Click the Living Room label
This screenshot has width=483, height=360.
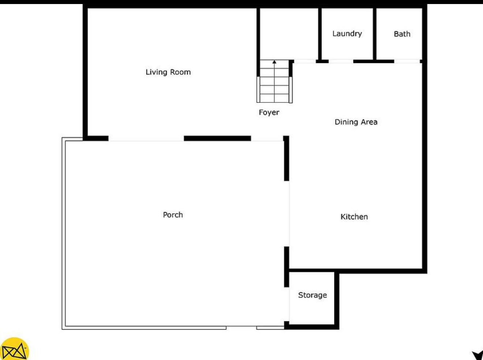(x=168, y=72)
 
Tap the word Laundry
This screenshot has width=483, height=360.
(x=347, y=34)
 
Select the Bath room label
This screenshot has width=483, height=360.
(x=402, y=34)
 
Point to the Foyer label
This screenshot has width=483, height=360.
(x=269, y=112)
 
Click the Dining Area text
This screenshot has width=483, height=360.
(x=356, y=122)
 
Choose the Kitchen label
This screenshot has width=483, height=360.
(x=354, y=217)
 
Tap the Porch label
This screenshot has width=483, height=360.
(x=173, y=215)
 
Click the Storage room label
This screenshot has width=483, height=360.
(x=312, y=295)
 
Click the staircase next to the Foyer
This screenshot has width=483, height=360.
(x=274, y=86)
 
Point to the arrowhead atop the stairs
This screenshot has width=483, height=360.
(x=274, y=62)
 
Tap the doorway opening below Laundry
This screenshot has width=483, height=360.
(x=341, y=61)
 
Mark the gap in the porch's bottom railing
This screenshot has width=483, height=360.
(x=241, y=327)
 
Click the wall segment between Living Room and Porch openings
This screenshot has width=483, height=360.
(x=217, y=138)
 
